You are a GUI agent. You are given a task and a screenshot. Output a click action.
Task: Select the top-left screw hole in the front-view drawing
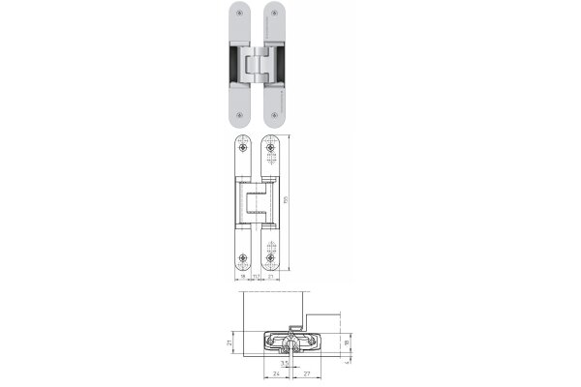click(242, 150)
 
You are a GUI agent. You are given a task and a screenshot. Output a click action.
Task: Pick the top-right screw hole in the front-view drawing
click(270, 150)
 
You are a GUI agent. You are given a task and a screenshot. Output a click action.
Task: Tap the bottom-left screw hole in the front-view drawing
click(242, 259)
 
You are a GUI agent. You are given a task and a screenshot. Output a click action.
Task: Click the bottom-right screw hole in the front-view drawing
click(270, 259)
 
